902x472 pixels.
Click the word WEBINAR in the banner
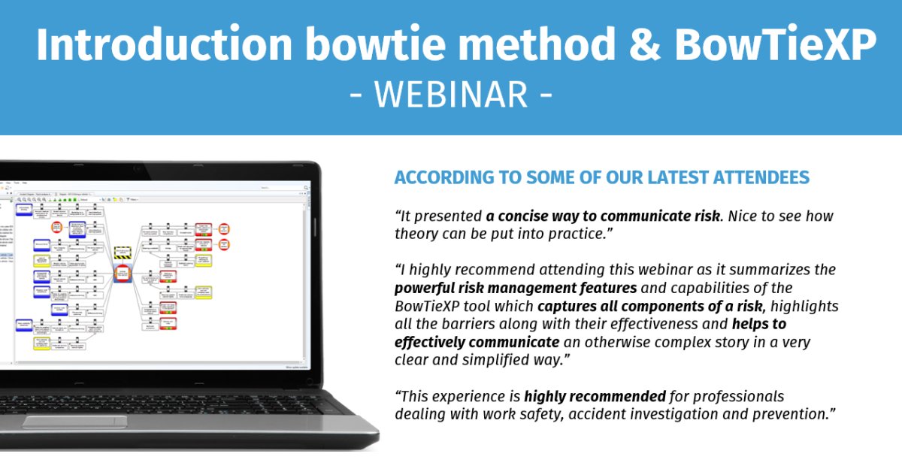[x=451, y=95]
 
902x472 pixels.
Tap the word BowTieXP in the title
[x=775, y=45]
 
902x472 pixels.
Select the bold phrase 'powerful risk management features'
[x=516, y=288]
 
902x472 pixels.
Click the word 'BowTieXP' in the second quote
[x=425, y=306]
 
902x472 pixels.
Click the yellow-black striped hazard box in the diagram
[x=122, y=253]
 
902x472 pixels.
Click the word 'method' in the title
[x=543, y=45]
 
